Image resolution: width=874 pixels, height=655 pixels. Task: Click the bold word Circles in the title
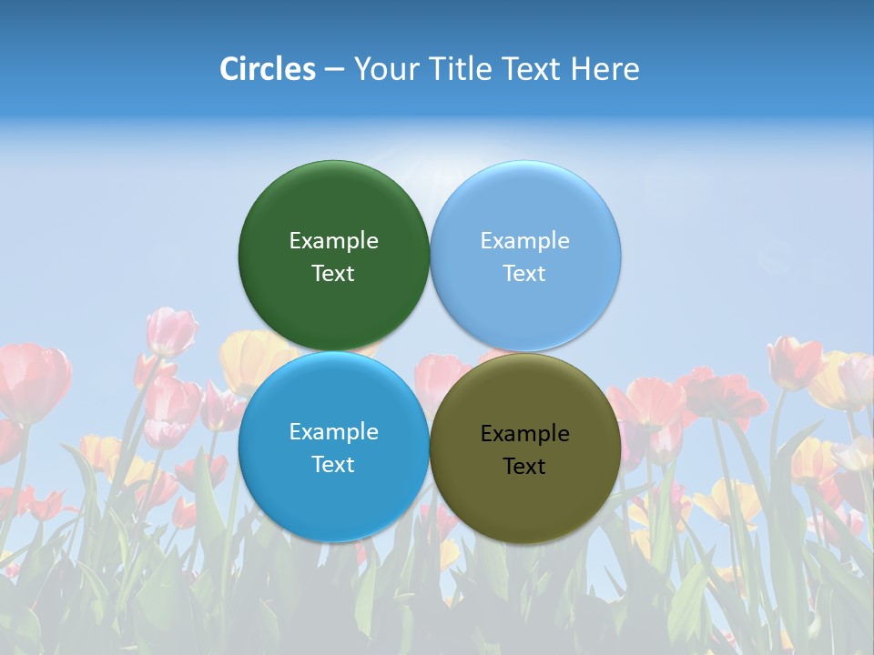click(x=267, y=69)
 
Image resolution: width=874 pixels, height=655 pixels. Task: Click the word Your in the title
click(x=385, y=70)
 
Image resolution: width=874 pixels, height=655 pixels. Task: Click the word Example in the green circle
click(x=333, y=241)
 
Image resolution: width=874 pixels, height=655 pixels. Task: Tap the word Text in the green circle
click(x=333, y=274)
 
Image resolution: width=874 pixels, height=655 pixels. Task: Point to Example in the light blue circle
click(x=524, y=241)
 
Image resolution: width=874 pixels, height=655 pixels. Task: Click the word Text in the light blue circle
click(x=524, y=274)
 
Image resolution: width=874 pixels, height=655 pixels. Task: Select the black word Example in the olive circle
click(x=524, y=434)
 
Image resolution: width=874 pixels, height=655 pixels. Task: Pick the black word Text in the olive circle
click(x=524, y=467)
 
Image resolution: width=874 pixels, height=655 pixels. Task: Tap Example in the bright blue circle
click(x=333, y=432)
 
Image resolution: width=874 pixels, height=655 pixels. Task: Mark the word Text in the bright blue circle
click(x=333, y=465)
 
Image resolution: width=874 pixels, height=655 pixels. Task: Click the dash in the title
click(x=334, y=70)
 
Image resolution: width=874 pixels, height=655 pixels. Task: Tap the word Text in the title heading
click(x=532, y=69)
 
